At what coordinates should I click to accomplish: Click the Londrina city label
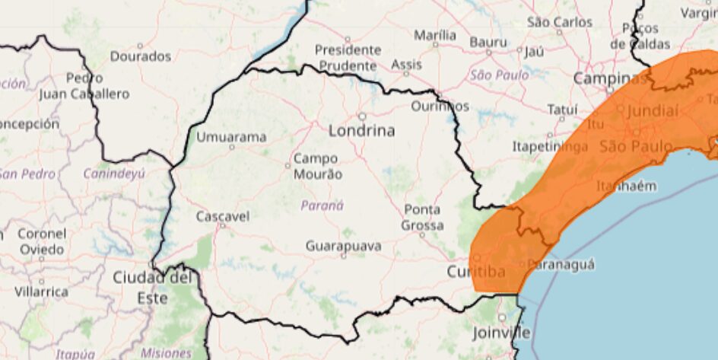[361, 131]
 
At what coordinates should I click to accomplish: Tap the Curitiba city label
[476, 272]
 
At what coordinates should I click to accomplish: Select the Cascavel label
[223, 217]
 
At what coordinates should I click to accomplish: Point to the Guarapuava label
[344, 247]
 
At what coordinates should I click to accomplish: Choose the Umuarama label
[232, 138]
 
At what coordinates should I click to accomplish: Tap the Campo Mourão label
[318, 167]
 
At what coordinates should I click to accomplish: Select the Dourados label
[141, 56]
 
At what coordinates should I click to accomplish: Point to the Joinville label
[502, 333]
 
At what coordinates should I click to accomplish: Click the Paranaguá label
[561, 264]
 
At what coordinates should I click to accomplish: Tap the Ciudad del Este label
[151, 288]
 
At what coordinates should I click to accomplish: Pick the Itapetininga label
[550, 146]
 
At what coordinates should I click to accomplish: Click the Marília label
[436, 35]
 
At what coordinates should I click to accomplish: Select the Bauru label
[488, 42]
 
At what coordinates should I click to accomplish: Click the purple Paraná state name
[322, 205]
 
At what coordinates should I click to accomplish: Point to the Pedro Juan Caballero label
[84, 86]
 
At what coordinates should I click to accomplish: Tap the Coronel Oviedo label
[42, 241]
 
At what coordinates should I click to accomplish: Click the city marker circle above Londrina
[362, 116]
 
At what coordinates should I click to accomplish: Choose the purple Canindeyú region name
[115, 174]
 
